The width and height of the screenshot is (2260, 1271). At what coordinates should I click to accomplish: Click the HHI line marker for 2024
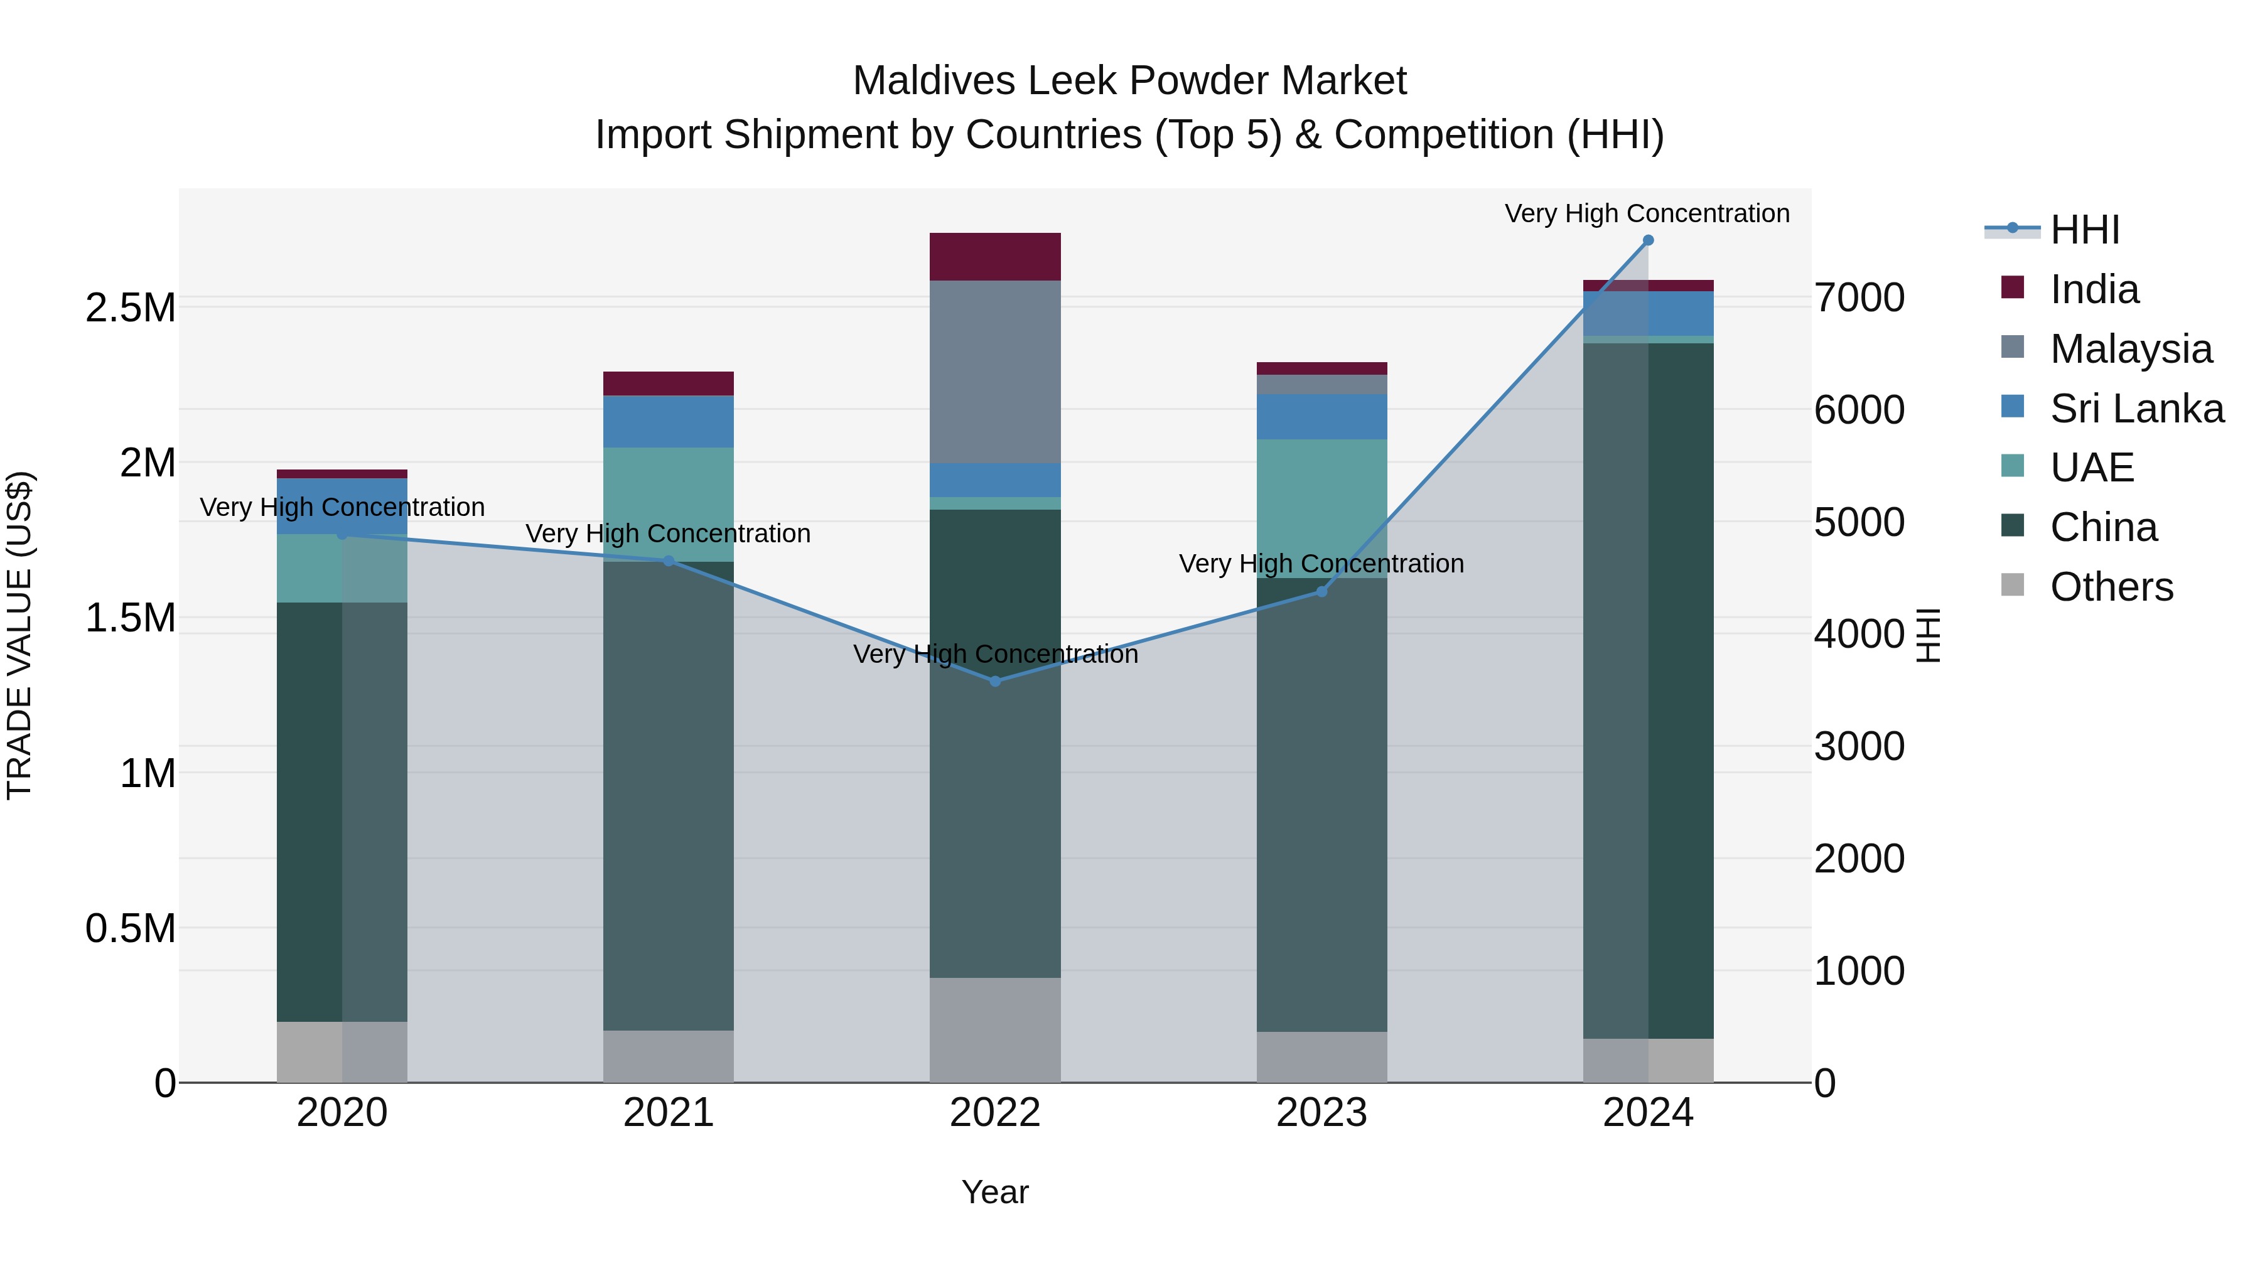tap(1648, 240)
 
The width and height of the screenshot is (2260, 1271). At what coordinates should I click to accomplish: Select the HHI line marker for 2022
tap(995, 680)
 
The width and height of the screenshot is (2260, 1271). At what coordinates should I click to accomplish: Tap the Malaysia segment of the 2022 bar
tap(995, 372)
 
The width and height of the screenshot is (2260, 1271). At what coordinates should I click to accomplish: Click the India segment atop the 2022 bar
tap(995, 257)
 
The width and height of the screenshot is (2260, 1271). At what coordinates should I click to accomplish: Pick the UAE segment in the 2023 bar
tap(1321, 509)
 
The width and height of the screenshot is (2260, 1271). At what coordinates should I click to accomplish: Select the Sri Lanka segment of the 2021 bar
tap(669, 422)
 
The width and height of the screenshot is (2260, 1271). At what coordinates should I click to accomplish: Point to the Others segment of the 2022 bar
tap(995, 1030)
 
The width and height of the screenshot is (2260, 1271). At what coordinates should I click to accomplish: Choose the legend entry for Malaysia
tap(2130, 349)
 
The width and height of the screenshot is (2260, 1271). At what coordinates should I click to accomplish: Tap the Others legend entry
tap(2111, 587)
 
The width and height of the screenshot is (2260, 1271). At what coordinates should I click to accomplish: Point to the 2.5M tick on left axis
tap(131, 308)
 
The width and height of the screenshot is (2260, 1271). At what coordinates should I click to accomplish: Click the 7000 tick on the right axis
tap(1859, 298)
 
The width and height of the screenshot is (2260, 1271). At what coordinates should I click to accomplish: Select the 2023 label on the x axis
tap(1321, 1113)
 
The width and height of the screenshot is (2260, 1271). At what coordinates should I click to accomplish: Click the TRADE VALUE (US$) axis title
tap(19, 635)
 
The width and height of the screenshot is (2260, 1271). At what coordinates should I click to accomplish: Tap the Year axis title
tap(995, 1192)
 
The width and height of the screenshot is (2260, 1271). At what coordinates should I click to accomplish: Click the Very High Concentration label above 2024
tap(1647, 213)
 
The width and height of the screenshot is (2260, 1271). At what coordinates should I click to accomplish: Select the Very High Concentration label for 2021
tap(668, 534)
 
